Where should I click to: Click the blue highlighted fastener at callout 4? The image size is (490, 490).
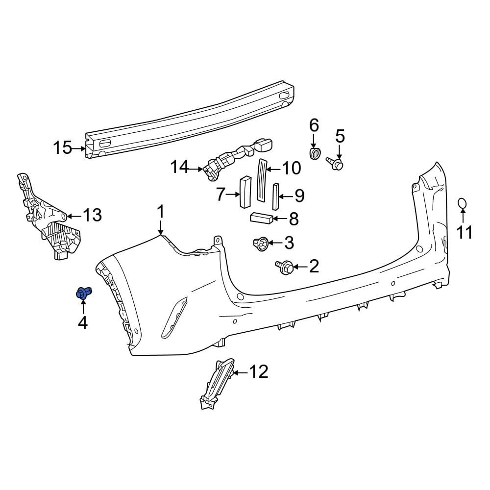(84, 294)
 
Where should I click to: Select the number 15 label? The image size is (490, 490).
(63, 147)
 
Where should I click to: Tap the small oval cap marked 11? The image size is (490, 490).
(463, 204)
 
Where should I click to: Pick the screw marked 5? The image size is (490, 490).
(336, 165)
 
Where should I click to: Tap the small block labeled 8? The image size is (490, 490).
(262, 217)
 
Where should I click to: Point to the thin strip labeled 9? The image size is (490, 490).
(275, 196)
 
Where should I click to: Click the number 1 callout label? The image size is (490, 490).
(161, 212)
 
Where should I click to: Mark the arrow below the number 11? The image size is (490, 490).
(463, 216)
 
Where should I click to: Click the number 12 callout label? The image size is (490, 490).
(259, 372)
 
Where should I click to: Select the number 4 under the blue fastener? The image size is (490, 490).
(83, 322)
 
